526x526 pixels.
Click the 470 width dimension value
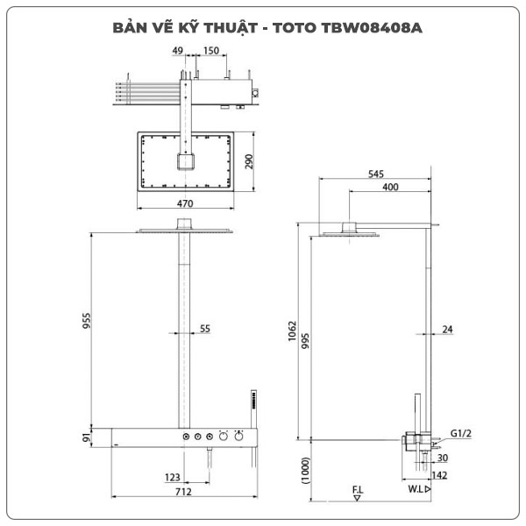point(184,203)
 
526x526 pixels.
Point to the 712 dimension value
point(182,492)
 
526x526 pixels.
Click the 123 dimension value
point(173,478)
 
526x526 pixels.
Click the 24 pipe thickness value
point(447,330)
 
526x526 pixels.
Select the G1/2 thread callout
point(461,433)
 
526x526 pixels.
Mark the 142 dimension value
point(441,475)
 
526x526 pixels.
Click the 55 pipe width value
point(204,329)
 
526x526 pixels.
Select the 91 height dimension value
point(86,436)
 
